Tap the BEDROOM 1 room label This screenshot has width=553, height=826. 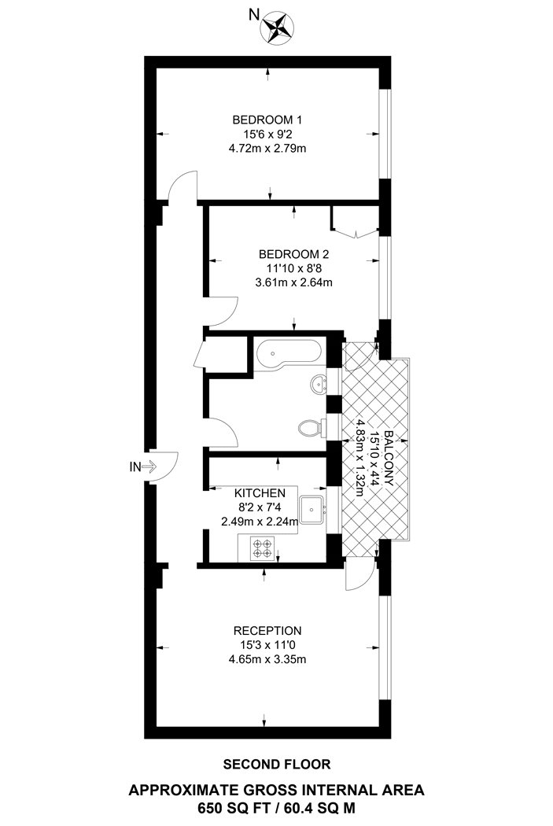[x=267, y=120]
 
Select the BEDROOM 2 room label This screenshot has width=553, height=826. [x=294, y=254]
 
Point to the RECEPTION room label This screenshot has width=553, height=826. [x=267, y=630]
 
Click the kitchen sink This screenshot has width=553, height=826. [x=316, y=509]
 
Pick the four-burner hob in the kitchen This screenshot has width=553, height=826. [x=260, y=547]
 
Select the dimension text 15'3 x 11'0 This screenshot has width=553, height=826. [x=267, y=645]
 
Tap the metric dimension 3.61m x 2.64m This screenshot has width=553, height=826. [x=294, y=282]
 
